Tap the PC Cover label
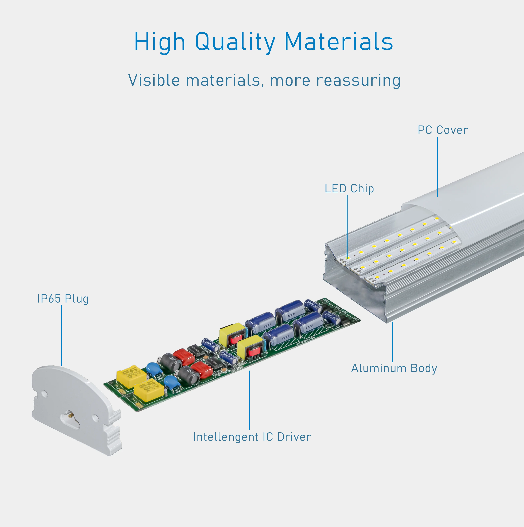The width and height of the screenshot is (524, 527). click(442, 130)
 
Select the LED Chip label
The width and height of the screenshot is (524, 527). click(349, 189)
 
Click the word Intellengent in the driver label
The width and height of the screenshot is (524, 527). click(225, 437)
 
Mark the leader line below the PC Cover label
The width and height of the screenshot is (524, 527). click(438, 166)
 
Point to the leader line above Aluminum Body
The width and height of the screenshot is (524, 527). click(392, 342)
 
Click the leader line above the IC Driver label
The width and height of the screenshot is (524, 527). click(249, 400)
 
